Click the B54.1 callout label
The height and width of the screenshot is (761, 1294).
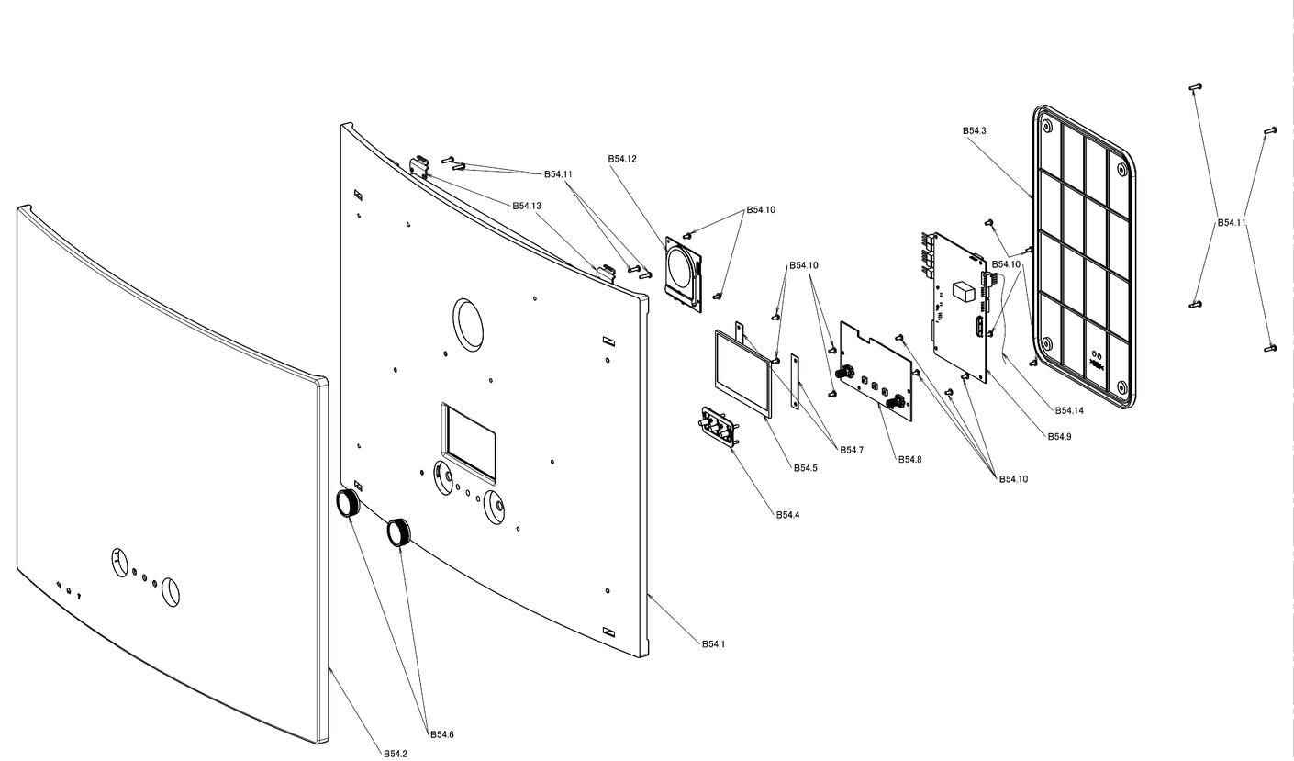coord(713,644)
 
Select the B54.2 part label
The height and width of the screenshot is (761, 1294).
coord(396,754)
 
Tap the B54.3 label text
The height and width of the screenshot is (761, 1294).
coord(975,131)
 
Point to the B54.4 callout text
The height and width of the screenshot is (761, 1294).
coord(787,515)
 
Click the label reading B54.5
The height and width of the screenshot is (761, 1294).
coord(805,468)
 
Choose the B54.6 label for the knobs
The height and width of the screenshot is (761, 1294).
coord(442,734)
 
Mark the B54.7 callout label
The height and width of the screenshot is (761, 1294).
coord(852,450)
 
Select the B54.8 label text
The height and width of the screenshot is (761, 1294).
coord(909,460)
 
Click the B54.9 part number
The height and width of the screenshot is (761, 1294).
coord(1059,437)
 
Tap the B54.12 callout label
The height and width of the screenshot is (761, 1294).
coord(622,159)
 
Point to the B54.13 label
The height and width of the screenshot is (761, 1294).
coord(527,206)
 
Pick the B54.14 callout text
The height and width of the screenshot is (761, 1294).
coord(1069,411)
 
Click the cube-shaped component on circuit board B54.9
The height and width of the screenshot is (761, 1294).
coord(963,293)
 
